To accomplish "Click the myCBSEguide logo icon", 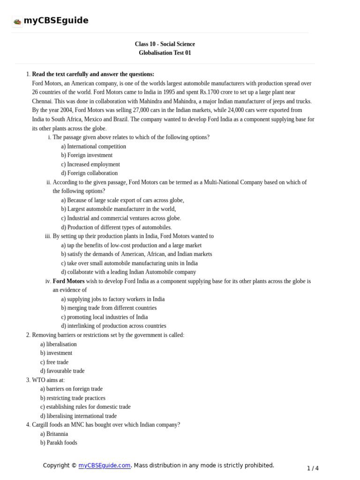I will click(x=17, y=21).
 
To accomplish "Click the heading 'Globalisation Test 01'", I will click(x=165, y=53).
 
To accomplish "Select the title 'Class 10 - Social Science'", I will click(x=165, y=44).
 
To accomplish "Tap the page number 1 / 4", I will click(x=313, y=468).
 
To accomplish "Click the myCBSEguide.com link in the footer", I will click(x=104, y=465).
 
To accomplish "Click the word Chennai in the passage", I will click(x=42, y=101).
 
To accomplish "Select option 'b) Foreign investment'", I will click(x=87, y=155).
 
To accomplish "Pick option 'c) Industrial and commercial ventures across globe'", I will click(x=120, y=218).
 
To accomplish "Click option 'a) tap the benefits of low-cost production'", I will click(x=131, y=245).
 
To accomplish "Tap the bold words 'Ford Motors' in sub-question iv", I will click(x=68, y=281).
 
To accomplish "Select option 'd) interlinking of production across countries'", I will click(x=113, y=326).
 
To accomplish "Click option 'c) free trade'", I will click(x=54, y=362).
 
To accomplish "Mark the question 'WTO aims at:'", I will click(x=48, y=380).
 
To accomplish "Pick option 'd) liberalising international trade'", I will click(x=78, y=416).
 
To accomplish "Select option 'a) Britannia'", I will click(x=54, y=434).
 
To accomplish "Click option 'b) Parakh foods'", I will click(x=59, y=442).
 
